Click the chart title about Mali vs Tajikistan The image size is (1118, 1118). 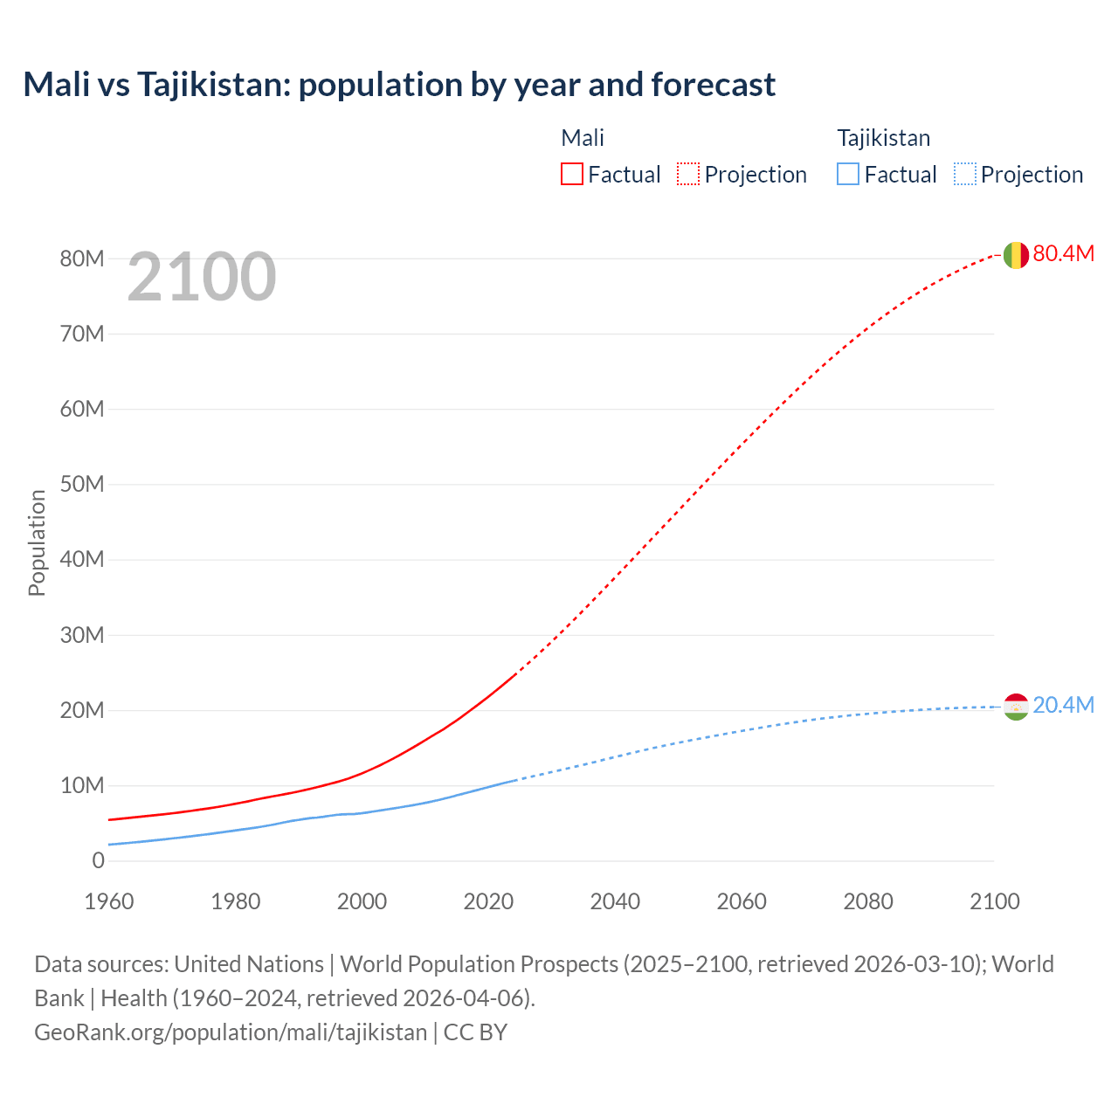(x=399, y=85)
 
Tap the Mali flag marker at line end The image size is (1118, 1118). (x=1016, y=255)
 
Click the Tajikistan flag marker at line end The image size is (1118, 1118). (x=1016, y=707)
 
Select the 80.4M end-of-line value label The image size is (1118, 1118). (x=1063, y=253)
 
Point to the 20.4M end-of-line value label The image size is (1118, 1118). (x=1063, y=705)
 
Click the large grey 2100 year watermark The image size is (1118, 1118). (x=202, y=277)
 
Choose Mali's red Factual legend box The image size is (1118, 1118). (x=572, y=174)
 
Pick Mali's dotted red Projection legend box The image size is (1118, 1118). (x=688, y=174)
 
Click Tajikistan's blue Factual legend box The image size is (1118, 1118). (x=848, y=174)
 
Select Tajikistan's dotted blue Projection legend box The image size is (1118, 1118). (x=964, y=174)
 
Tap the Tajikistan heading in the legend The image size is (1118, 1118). (x=883, y=138)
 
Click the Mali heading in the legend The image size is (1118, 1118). (x=583, y=138)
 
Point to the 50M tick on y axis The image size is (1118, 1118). (x=82, y=484)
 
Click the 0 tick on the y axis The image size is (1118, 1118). (x=98, y=860)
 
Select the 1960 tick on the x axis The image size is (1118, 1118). (x=109, y=901)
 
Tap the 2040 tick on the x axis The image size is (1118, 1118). (x=615, y=901)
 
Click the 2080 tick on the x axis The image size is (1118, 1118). (x=868, y=901)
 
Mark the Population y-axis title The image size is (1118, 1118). (x=37, y=542)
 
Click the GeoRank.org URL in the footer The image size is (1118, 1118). (x=231, y=1032)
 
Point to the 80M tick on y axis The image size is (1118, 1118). (x=82, y=259)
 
